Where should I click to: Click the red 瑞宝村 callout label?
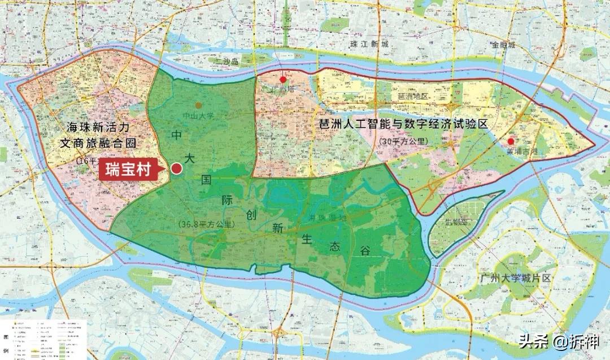click(128, 170)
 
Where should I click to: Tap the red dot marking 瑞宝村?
click(177, 168)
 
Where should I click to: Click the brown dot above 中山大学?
click(198, 106)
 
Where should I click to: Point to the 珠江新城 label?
click(369, 44)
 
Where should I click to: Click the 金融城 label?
click(503, 45)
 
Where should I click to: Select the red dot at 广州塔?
click(284, 80)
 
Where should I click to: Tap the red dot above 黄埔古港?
click(511, 141)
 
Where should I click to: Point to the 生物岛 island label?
click(456, 221)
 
